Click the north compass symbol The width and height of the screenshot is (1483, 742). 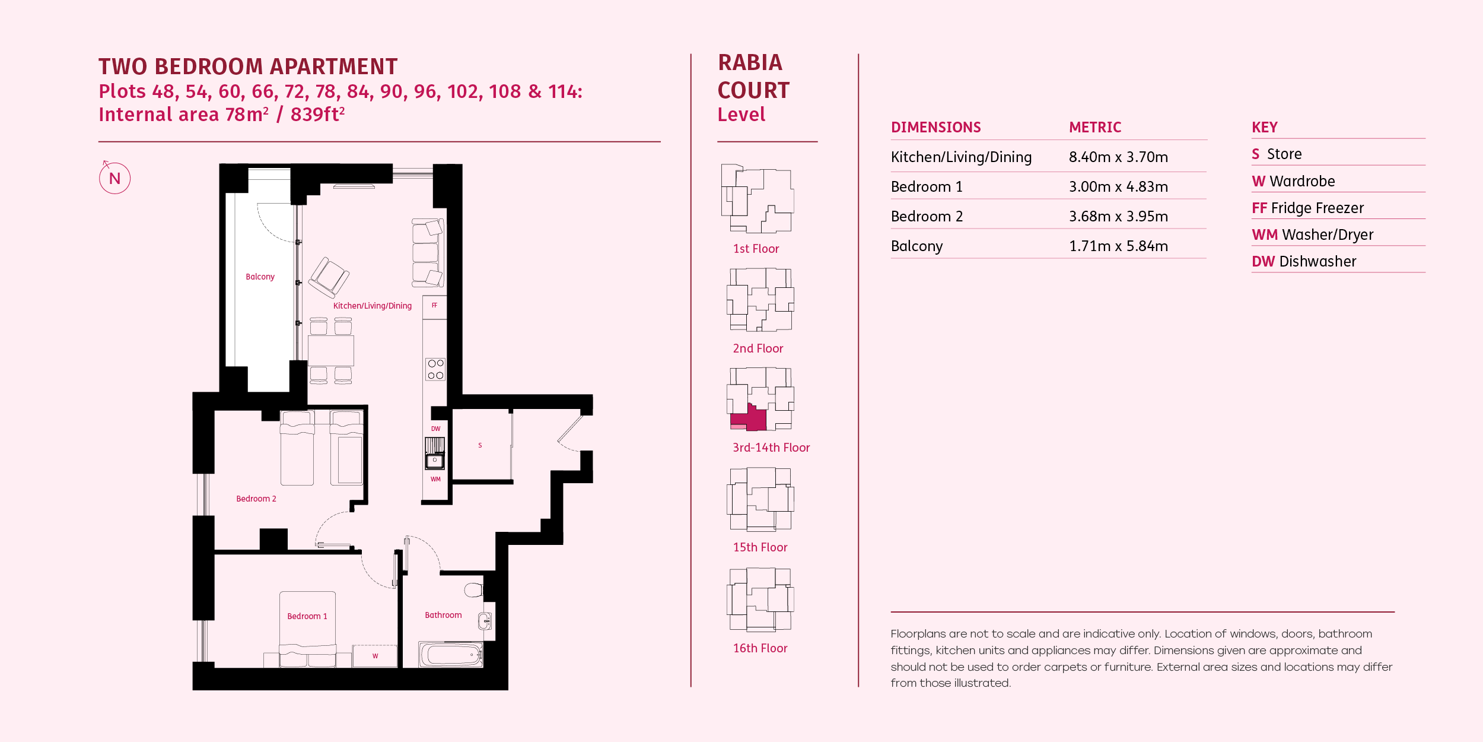(114, 178)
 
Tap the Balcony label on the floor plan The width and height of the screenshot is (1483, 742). (260, 277)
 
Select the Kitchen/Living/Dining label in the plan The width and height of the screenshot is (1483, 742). (372, 306)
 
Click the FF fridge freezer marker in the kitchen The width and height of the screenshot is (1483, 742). (434, 305)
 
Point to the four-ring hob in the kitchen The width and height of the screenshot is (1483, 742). (435, 369)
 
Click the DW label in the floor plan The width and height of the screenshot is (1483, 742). (435, 429)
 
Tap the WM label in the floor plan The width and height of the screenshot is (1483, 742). (435, 479)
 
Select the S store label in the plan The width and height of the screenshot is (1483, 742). (480, 445)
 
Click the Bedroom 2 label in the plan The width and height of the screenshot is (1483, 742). (256, 499)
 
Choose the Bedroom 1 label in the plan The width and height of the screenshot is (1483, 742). (307, 616)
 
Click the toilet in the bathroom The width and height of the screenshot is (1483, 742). (473, 589)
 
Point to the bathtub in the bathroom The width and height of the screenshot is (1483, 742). (451, 654)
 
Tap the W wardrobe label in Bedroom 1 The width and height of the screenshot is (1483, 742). (375, 656)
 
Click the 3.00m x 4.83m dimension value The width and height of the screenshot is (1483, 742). (1118, 186)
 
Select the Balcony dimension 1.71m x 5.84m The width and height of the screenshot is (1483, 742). (1118, 246)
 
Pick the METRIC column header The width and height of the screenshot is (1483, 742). (1095, 127)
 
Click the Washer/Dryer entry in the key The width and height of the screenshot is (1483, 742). (1312, 235)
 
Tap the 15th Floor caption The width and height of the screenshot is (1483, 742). (760, 547)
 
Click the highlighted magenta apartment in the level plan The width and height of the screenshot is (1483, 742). (751, 417)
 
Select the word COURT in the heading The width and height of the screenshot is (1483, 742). (753, 90)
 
